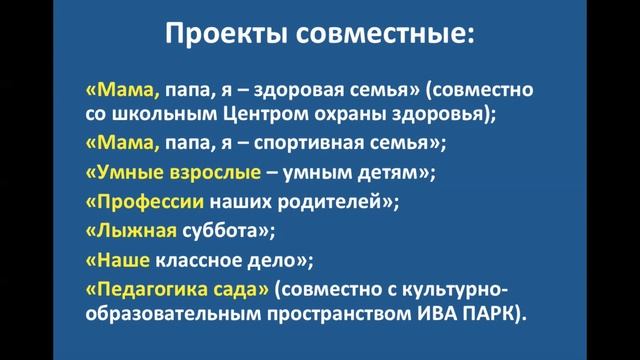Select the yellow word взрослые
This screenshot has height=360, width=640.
point(219,173)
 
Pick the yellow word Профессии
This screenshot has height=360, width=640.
point(149,202)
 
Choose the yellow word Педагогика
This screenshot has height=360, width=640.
point(156,289)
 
